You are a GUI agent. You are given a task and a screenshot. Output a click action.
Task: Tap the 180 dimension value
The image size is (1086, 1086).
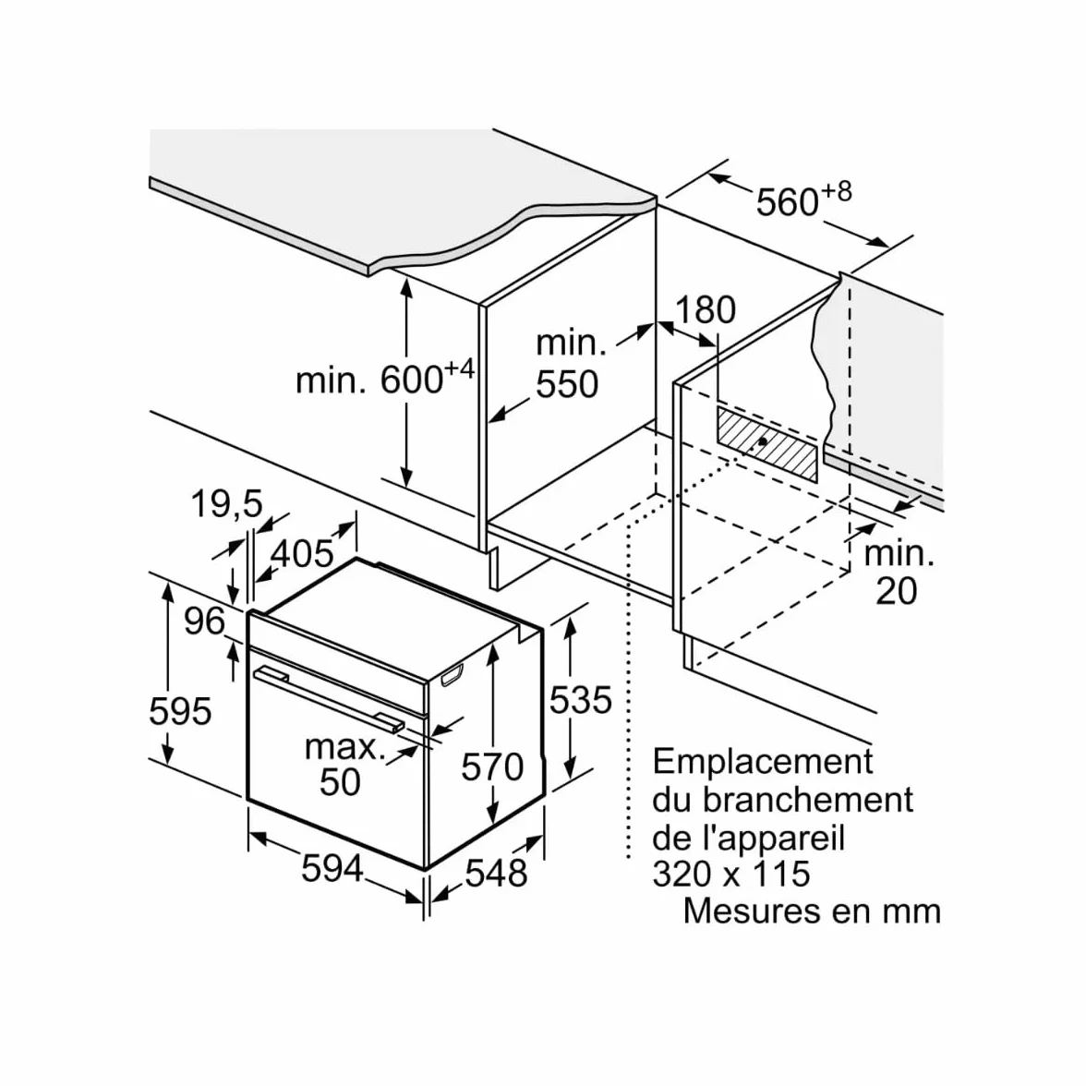(706, 309)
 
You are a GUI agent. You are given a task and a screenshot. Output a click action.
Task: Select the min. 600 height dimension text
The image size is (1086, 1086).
(385, 379)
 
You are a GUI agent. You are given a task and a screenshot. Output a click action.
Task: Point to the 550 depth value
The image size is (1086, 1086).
(567, 384)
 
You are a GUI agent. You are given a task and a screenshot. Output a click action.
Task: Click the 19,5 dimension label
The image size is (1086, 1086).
(227, 503)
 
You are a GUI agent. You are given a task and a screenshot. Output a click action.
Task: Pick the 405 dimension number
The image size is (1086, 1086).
(302, 553)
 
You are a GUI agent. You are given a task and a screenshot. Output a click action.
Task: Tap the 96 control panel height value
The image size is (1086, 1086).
(204, 621)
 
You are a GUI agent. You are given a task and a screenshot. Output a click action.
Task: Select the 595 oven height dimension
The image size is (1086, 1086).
(180, 711)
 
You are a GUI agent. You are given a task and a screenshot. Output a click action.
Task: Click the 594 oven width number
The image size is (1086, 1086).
(332, 868)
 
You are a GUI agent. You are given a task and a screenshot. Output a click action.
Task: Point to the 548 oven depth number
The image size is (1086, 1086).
(497, 873)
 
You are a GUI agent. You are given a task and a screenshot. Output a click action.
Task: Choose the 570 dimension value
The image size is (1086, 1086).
(492, 767)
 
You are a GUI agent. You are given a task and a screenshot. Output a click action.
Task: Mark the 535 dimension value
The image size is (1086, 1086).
(580, 700)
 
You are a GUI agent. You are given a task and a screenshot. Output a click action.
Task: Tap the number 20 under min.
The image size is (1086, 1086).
(896, 591)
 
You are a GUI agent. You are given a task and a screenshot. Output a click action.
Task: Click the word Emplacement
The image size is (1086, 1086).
(763, 761)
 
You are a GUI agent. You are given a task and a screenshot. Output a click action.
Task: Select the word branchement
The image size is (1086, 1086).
(808, 800)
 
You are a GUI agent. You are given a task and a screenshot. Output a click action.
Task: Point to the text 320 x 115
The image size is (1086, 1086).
(731, 874)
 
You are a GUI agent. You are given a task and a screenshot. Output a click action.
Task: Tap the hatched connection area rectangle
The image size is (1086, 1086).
(766, 444)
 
